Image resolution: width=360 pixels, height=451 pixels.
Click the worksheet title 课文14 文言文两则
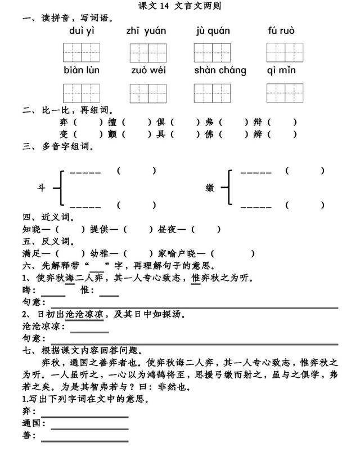click(180, 6)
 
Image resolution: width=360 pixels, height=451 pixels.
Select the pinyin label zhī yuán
click(146, 30)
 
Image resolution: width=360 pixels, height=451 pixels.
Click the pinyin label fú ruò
click(281, 30)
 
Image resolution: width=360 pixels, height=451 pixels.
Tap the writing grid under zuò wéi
click(148, 93)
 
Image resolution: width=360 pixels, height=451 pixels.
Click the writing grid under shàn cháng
click(212, 93)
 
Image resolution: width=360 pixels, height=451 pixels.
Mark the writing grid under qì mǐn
click(285, 92)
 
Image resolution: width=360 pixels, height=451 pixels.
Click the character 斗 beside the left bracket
click(41, 188)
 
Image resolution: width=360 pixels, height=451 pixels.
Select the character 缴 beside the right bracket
click(210, 188)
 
